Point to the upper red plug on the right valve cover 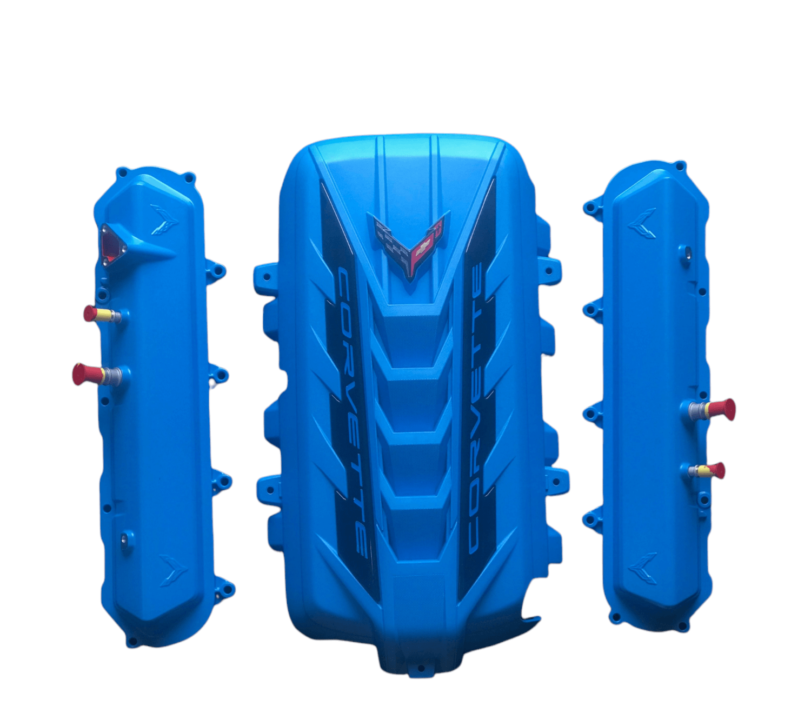(712, 409)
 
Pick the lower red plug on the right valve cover (706, 470)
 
